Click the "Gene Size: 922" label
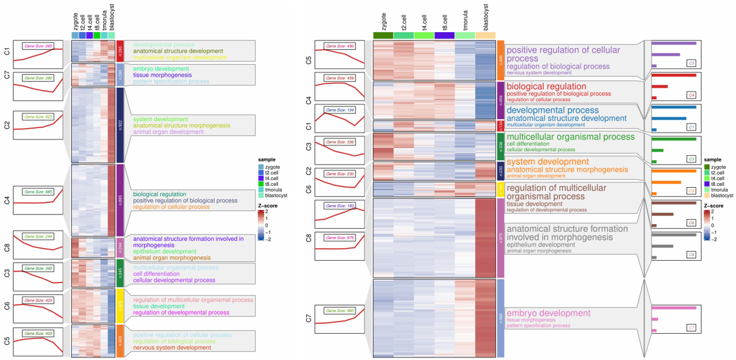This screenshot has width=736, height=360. click(x=38, y=117)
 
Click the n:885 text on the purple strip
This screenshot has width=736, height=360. click(x=120, y=199)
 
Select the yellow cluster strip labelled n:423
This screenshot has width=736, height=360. click(x=120, y=304)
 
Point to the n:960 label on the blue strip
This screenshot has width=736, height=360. click(x=501, y=317)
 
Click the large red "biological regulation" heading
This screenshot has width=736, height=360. click(x=546, y=86)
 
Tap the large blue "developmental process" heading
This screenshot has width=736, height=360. click(x=553, y=110)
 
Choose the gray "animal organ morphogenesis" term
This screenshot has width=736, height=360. click(x=538, y=251)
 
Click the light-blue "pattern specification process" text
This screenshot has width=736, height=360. click(x=171, y=82)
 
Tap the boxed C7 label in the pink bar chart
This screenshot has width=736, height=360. click(x=691, y=327)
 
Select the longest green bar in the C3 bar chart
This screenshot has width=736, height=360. click(x=673, y=139)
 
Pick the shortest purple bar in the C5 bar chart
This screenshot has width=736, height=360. click(x=654, y=66)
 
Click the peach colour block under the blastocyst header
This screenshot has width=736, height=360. click(x=485, y=36)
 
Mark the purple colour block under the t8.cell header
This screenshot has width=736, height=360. click(x=445, y=36)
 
